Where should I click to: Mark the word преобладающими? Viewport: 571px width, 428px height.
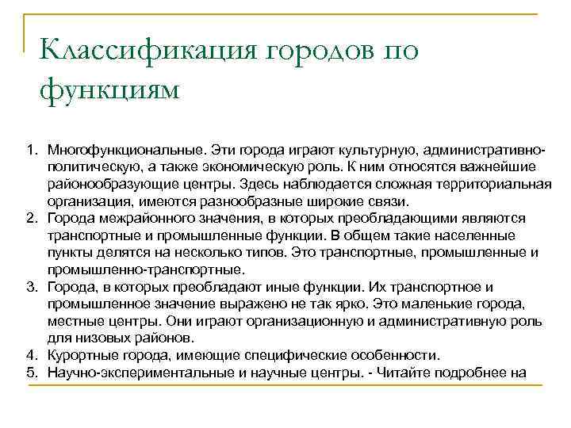click(389, 217)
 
